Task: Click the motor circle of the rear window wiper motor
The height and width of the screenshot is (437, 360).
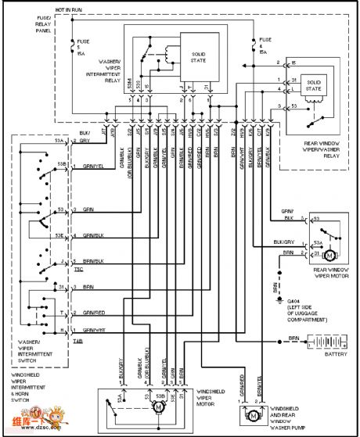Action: tap(329, 255)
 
